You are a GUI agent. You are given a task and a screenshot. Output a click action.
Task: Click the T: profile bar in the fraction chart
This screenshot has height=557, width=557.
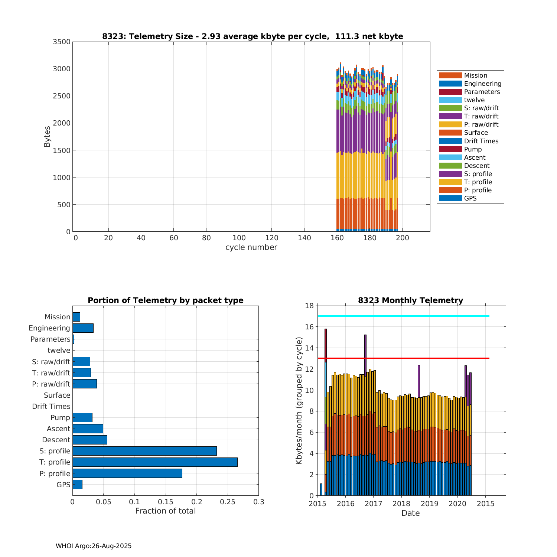(155, 462)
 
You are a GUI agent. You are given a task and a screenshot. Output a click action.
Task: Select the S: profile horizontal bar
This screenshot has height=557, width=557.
(144, 451)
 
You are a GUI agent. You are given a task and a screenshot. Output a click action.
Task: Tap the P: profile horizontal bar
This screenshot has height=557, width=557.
(127, 473)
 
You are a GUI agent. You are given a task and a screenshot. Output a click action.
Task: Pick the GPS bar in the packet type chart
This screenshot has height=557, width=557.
(77, 484)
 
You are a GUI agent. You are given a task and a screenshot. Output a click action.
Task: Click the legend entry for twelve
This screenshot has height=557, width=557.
(474, 100)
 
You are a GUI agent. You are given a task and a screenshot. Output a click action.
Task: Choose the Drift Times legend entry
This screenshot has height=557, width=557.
(481, 141)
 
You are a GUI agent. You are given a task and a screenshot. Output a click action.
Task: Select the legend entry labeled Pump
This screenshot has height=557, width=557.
(473, 149)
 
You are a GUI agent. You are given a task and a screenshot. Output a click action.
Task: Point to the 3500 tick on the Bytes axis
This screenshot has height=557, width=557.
(62, 42)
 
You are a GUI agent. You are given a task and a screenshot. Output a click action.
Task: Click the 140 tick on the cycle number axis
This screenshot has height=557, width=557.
(304, 238)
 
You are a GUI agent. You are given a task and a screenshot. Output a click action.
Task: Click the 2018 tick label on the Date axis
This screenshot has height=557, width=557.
(401, 504)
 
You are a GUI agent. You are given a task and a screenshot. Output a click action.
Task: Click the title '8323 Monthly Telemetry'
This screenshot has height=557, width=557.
(410, 300)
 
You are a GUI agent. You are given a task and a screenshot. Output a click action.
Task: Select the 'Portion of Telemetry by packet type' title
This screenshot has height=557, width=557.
(166, 300)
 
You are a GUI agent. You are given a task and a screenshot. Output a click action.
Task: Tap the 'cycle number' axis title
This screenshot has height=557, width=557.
(251, 247)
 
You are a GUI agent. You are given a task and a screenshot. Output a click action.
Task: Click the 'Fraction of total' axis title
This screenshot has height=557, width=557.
(165, 511)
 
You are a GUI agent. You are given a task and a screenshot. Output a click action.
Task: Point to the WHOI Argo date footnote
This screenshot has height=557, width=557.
(94, 546)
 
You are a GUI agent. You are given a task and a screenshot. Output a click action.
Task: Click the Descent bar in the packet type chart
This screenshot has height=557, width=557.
(90, 440)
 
